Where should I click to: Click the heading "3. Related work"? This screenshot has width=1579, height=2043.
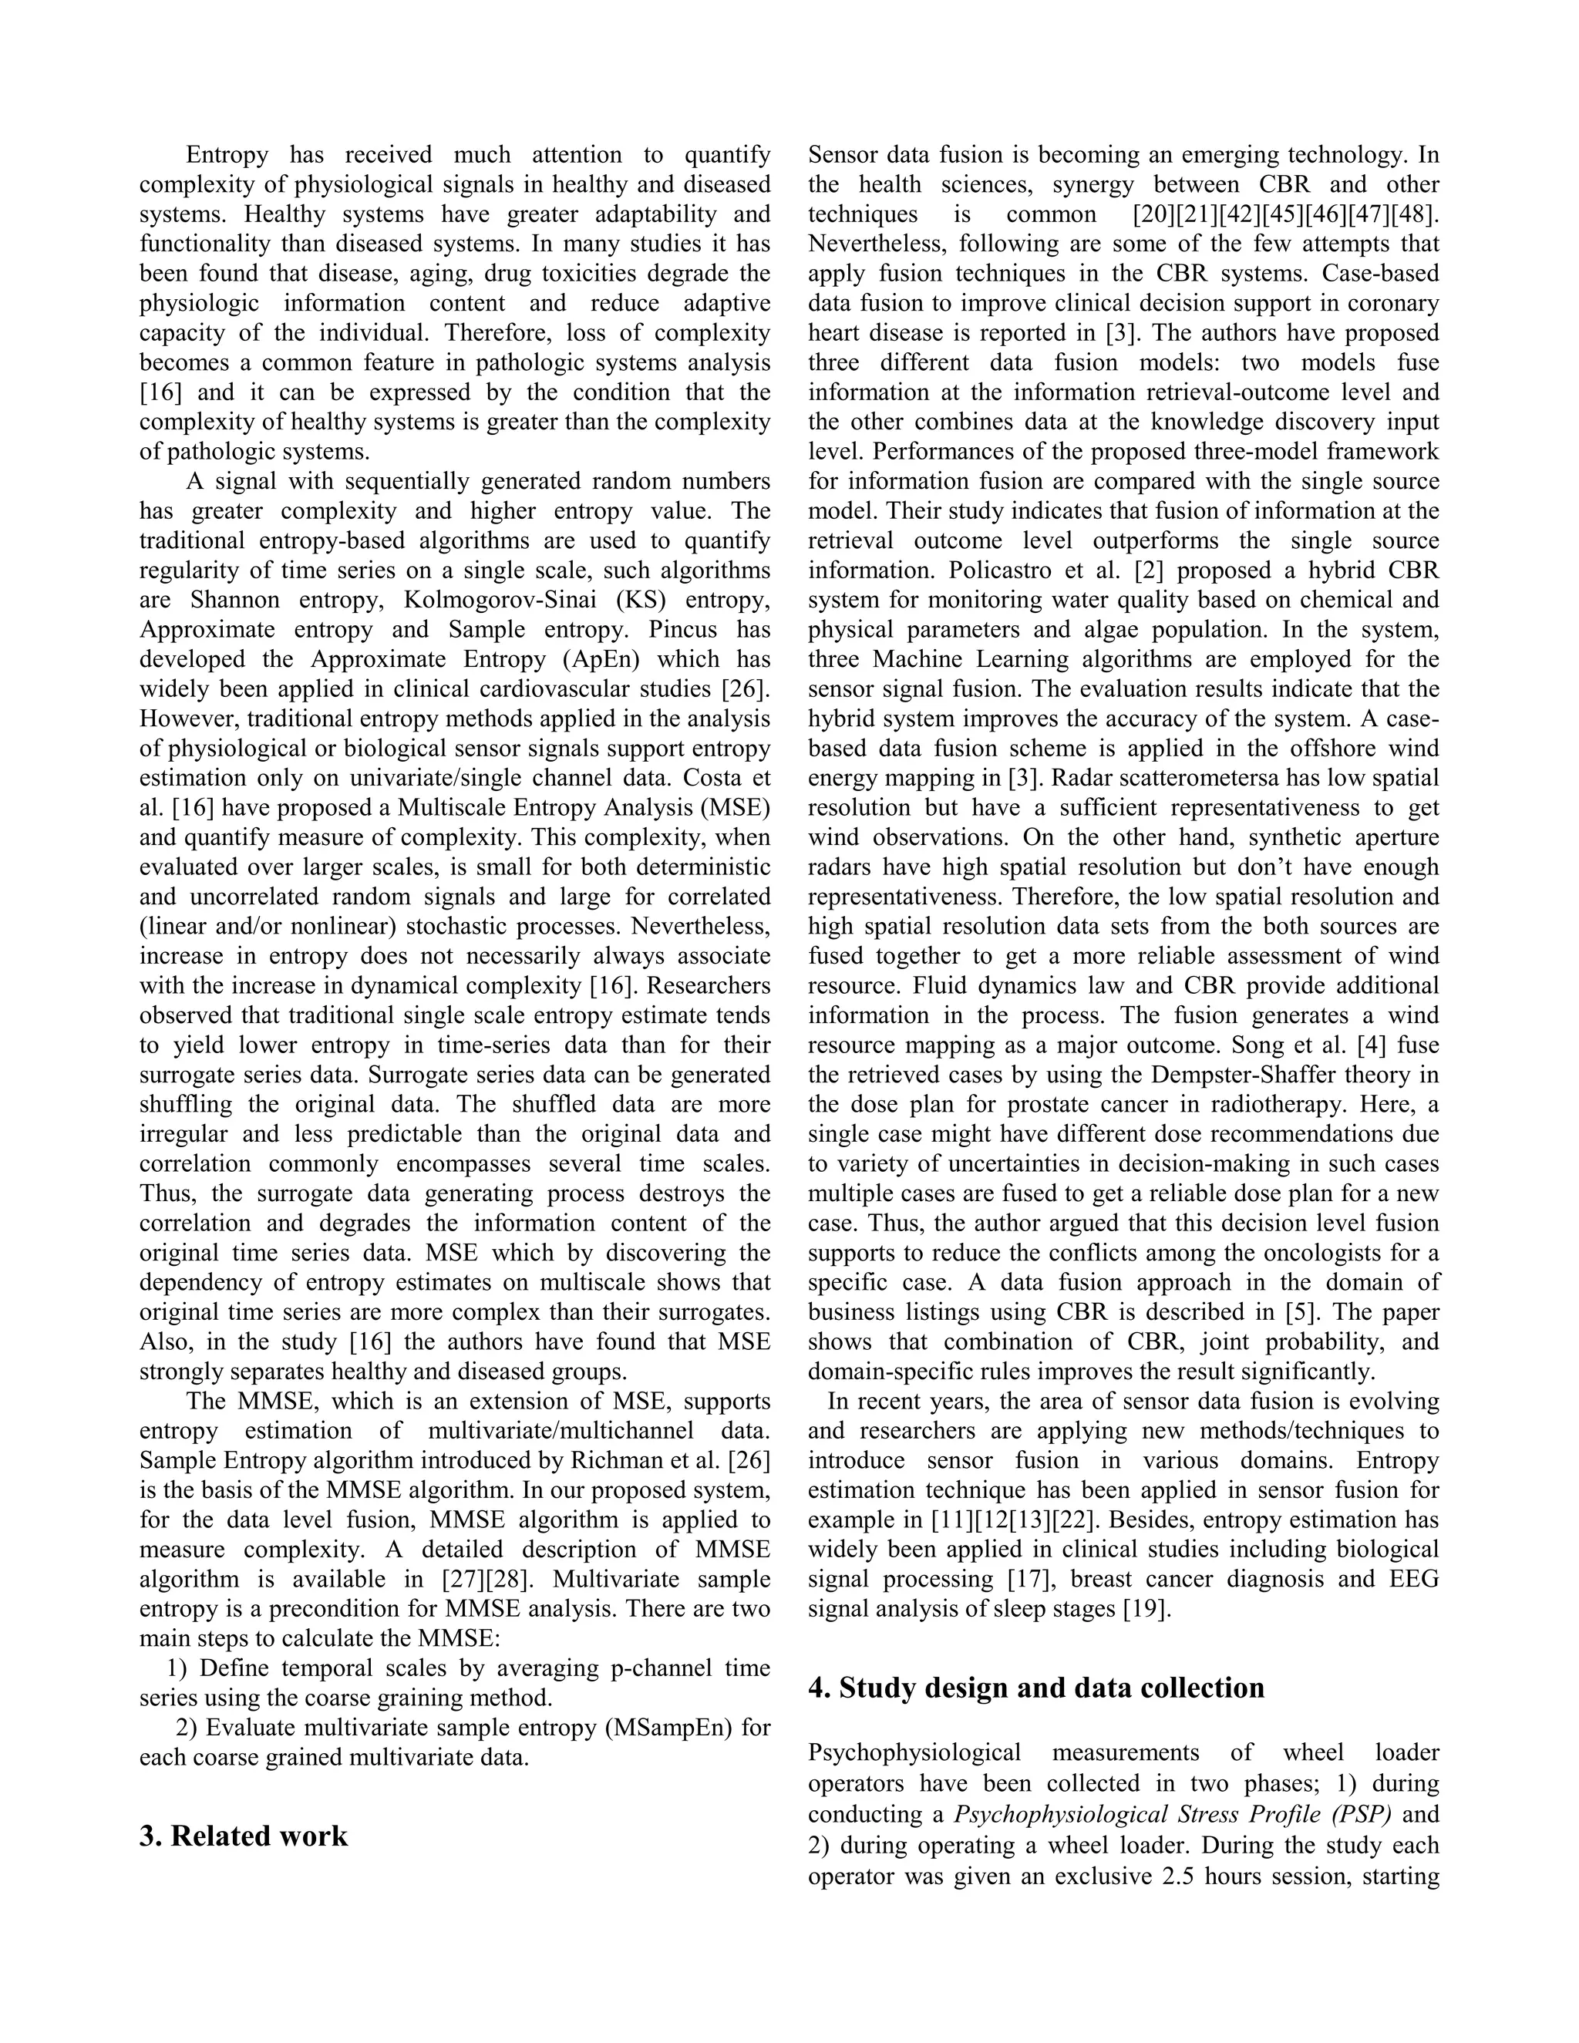[x=243, y=1836]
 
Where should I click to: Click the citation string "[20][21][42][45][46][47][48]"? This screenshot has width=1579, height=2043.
[x=1285, y=214]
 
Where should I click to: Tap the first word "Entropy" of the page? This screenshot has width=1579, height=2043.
[x=227, y=154]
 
